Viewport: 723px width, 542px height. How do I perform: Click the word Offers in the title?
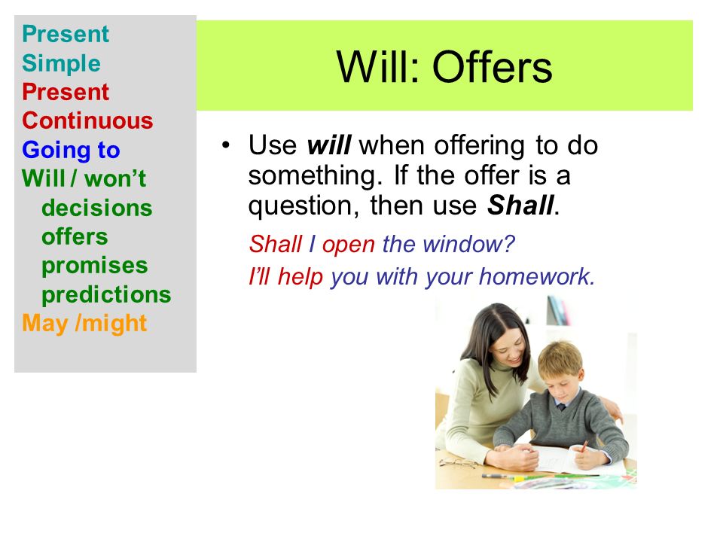tap(492, 67)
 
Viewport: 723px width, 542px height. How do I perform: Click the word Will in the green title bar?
tap(378, 67)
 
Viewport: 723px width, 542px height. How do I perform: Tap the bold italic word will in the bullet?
tap(329, 145)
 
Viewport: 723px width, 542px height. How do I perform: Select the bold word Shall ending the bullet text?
tap(520, 205)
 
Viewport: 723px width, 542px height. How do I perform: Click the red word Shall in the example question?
tap(276, 244)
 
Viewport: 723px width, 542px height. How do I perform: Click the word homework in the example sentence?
tap(537, 276)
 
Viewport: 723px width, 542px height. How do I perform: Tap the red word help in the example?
tap(300, 278)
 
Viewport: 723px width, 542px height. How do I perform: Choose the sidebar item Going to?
tap(71, 151)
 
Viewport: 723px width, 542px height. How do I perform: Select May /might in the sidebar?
tap(84, 323)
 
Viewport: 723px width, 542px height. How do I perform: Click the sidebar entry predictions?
tap(106, 294)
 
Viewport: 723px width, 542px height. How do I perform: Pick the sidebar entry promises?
tap(95, 266)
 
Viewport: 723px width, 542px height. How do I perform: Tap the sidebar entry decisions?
tap(97, 208)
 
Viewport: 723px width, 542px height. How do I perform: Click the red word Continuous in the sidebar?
tap(87, 120)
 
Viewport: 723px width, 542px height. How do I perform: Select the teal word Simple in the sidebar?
tap(61, 63)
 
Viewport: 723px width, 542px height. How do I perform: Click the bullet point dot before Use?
tap(225, 145)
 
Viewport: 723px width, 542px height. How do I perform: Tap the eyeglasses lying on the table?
tap(462, 463)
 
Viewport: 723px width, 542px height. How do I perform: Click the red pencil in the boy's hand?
tap(583, 446)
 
